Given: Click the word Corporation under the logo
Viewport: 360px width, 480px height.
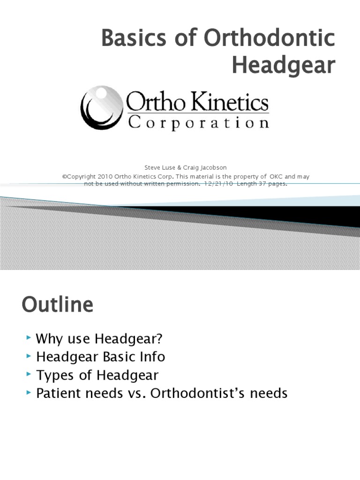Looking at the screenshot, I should [198, 123].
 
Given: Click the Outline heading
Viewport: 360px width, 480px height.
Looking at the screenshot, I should [57, 305].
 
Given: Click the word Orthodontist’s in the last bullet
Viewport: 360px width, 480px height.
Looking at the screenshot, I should [210, 393].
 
